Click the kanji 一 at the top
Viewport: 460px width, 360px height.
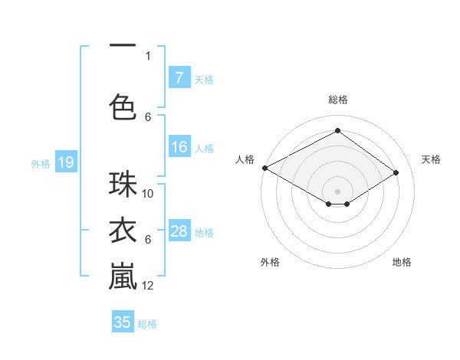(123, 44)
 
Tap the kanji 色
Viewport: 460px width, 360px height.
(123, 107)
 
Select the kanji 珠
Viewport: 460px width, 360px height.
(123, 185)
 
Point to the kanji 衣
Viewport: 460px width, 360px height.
(123, 231)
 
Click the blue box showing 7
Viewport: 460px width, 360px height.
(179, 78)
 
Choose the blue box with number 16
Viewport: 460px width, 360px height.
(179, 148)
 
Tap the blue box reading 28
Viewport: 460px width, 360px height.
(179, 231)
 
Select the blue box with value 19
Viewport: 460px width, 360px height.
(65, 162)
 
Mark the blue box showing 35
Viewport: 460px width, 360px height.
(123, 322)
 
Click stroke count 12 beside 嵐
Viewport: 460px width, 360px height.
(149, 286)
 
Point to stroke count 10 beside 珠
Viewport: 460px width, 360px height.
(149, 194)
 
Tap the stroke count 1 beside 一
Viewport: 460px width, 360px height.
(148, 55)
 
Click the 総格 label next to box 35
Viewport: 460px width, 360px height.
(147, 324)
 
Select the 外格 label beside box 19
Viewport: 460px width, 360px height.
(41, 163)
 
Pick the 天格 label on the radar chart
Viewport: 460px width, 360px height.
(431, 159)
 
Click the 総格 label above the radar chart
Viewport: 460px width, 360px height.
(337, 100)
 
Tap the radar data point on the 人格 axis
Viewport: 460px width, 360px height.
(264, 168)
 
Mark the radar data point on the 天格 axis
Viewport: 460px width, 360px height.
(396, 173)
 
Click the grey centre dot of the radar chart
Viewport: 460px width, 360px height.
(337, 191)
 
